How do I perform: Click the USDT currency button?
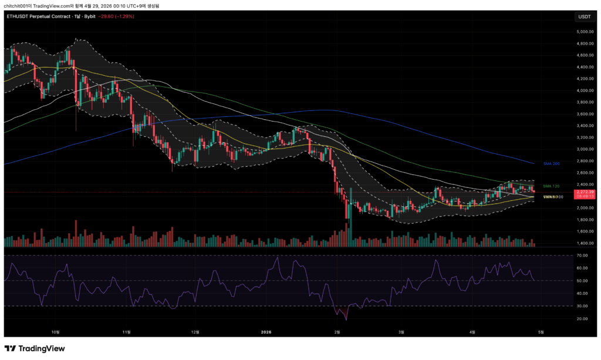point(585,16)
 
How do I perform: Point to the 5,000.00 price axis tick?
point(584,32)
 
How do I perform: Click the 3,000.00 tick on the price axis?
point(584,149)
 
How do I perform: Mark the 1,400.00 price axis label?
point(584,243)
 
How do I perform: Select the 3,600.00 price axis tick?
point(584,114)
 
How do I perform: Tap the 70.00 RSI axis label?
point(582,255)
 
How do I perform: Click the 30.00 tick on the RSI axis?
point(582,306)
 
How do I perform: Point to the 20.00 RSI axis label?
point(582,319)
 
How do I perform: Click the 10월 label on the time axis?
point(56,332)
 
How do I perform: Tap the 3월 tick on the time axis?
point(401,332)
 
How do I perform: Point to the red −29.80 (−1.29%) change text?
point(117,16)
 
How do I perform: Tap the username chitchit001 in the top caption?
point(18,5)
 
